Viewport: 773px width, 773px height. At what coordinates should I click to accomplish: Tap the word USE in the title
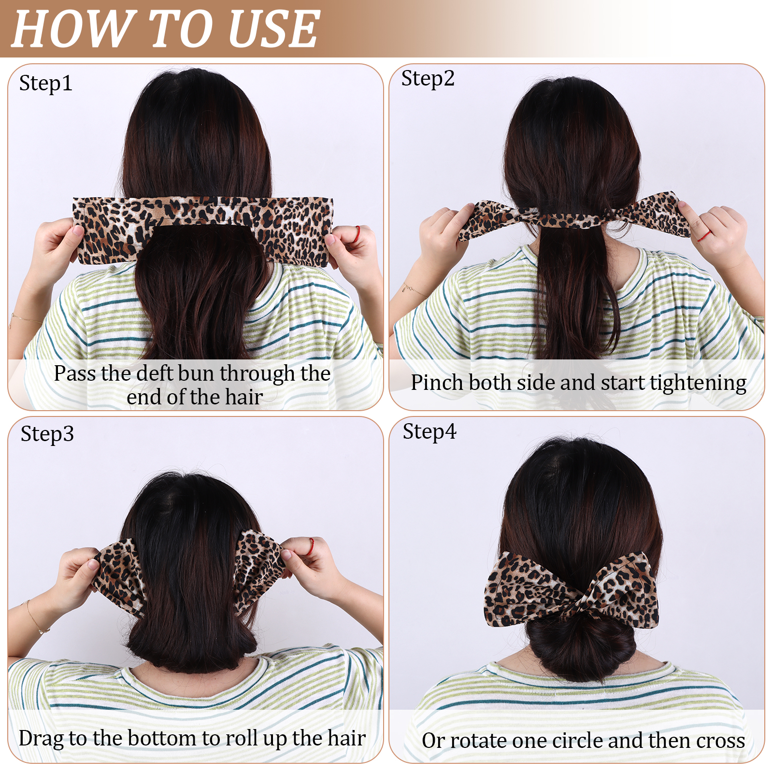tap(273, 29)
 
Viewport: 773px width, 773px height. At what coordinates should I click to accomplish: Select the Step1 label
tap(46, 84)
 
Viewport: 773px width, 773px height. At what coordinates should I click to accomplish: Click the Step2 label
tap(428, 79)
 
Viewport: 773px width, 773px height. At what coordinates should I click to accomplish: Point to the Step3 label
tap(47, 434)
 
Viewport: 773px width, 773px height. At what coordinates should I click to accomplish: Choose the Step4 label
tap(429, 431)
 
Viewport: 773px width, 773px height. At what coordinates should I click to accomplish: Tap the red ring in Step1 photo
tap(357, 234)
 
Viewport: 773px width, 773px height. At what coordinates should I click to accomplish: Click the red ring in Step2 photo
tap(704, 236)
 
